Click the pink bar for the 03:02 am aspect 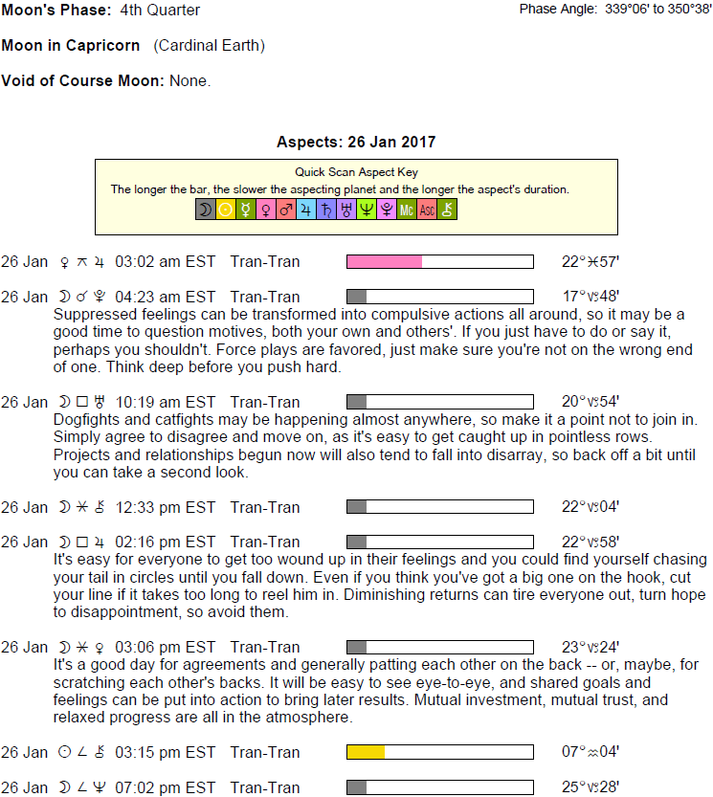pyautogui.click(x=384, y=261)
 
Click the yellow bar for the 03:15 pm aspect pyautogui.click(x=366, y=752)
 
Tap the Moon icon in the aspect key pyautogui.click(x=205, y=210)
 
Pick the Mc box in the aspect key pyautogui.click(x=407, y=210)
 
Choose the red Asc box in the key pyautogui.click(x=427, y=210)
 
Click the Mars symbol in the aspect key pyautogui.click(x=286, y=210)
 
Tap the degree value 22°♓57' pyautogui.click(x=595, y=261)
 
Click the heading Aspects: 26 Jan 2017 pyautogui.click(x=356, y=143)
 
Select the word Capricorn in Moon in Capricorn pyautogui.click(x=102, y=46)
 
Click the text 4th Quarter pyautogui.click(x=161, y=11)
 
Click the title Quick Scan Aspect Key pyautogui.click(x=356, y=172)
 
